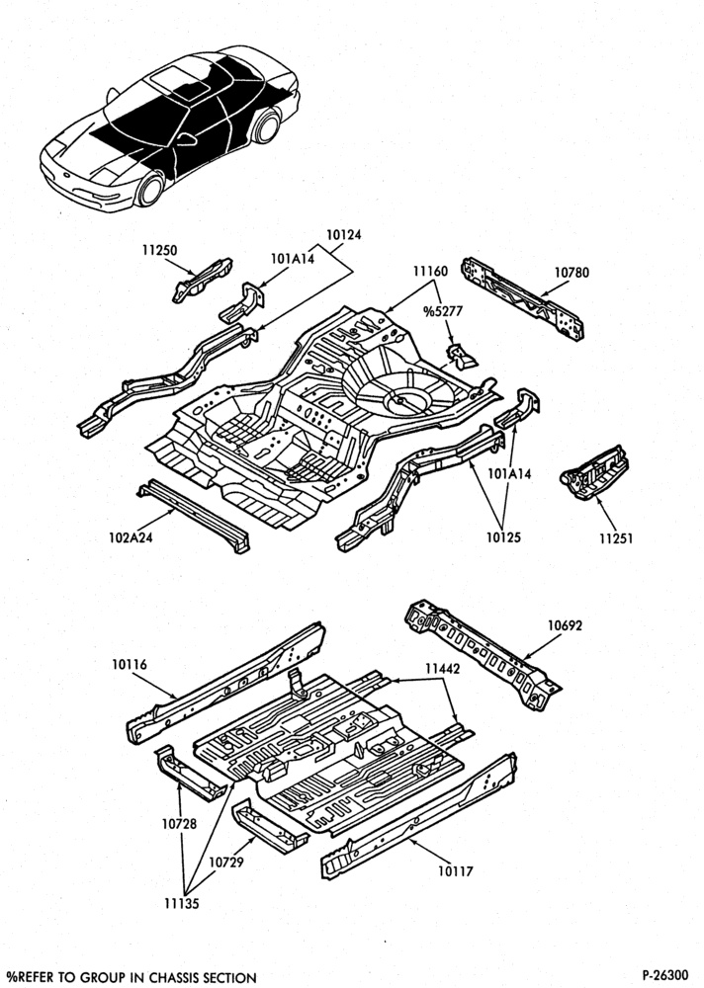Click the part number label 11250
click(x=159, y=250)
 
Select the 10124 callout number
click(x=344, y=234)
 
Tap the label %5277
click(x=443, y=310)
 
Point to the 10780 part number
click(x=572, y=273)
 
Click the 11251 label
click(x=616, y=538)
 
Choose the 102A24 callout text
click(x=131, y=537)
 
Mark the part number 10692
click(x=565, y=625)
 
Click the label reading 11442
click(x=442, y=669)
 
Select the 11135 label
click(x=182, y=904)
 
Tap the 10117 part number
click(x=455, y=871)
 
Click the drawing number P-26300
click(x=666, y=975)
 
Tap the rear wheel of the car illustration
click(x=267, y=126)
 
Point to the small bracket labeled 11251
click(x=594, y=472)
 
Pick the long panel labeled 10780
click(x=522, y=298)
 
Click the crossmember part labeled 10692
click(x=483, y=655)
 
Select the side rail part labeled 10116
click(x=225, y=683)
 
